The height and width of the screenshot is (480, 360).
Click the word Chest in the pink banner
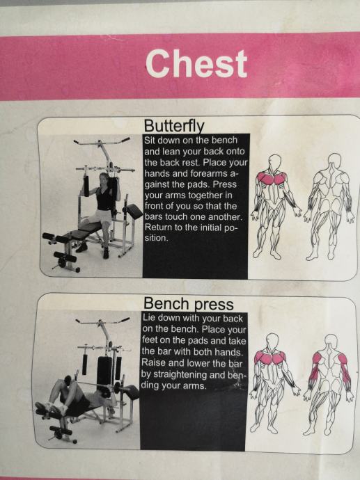coord(196,64)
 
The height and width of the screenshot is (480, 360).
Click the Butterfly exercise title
coord(174,125)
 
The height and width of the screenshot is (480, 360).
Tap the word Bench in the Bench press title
coord(166,303)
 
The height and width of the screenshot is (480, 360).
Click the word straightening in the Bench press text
coord(189,375)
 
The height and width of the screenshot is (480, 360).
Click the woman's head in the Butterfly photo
coord(104,179)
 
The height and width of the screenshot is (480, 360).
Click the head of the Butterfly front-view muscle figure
coord(274,161)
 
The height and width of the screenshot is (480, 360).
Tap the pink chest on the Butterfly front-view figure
coord(272,178)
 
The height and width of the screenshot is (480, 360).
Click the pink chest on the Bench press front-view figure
coord(269,358)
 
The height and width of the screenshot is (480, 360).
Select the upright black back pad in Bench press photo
coord(104,371)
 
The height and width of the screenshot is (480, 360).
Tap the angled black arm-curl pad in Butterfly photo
coord(132,211)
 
